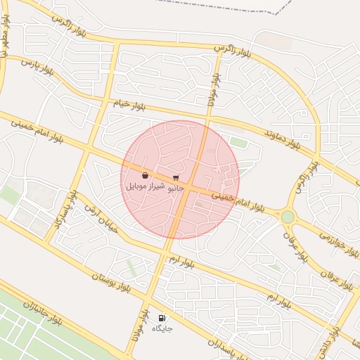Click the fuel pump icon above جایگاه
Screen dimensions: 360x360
(163, 318)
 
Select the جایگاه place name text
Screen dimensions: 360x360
(162, 328)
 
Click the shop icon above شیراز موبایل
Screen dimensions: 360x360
(145, 176)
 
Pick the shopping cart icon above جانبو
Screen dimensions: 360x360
(175, 178)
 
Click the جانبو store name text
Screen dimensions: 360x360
(176, 188)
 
